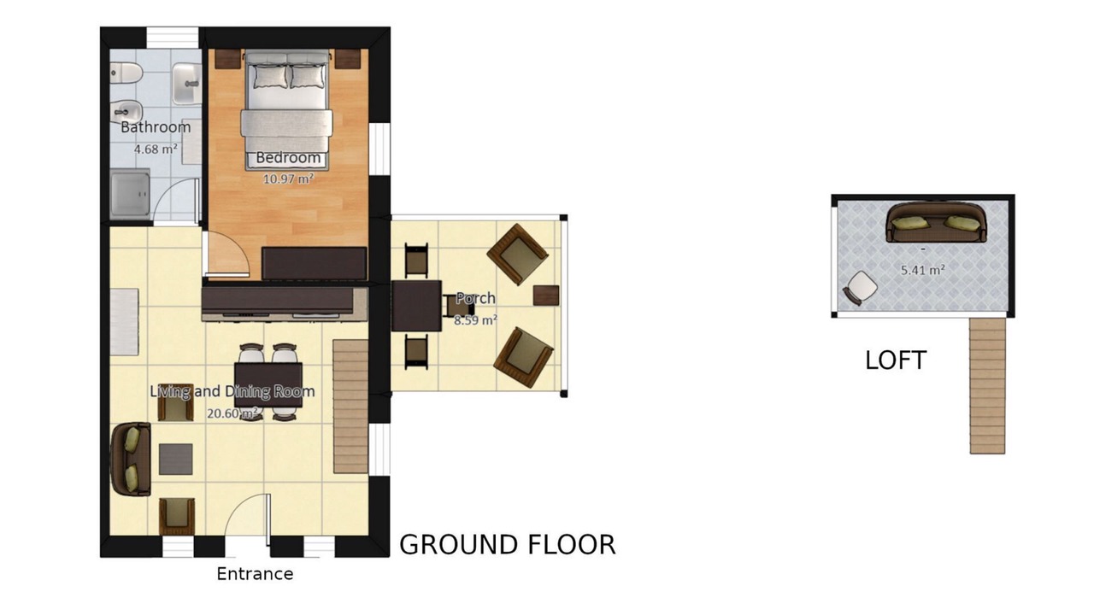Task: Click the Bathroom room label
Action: click(x=156, y=127)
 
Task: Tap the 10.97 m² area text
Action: click(x=288, y=179)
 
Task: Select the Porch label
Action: click(x=475, y=298)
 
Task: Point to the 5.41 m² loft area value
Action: click(x=922, y=270)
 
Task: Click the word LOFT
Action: click(x=896, y=360)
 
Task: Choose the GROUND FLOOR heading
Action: click(x=508, y=545)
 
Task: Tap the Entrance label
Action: click(x=255, y=574)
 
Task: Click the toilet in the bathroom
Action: click(x=126, y=73)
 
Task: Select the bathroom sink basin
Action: click(x=186, y=84)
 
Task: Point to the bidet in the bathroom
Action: click(x=126, y=112)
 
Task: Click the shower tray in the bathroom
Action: click(x=130, y=194)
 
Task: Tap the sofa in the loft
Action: click(x=936, y=222)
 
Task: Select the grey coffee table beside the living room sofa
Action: click(x=176, y=459)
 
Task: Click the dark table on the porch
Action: click(x=416, y=306)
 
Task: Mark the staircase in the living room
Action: click(x=350, y=407)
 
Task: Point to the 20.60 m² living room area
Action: click(x=232, y=413)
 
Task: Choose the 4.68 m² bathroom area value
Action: click(x=156, y=149)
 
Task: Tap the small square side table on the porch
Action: click(x=546, y=296)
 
